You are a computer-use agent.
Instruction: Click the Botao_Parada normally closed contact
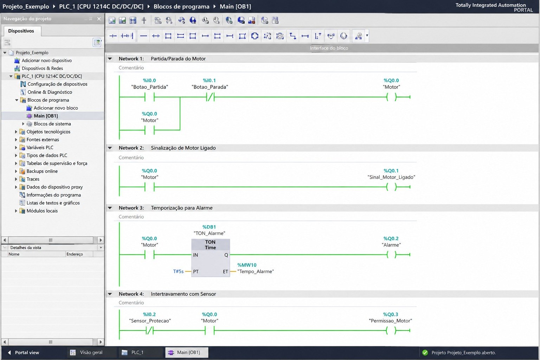[210, 97]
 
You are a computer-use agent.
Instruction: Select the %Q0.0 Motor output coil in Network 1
[392, 97]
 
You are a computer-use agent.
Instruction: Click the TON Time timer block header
[211, 244]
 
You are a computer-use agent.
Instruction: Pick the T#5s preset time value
[178, 271]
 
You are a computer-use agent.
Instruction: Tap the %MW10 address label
[247, 265]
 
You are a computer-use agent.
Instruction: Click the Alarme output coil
[392, 255]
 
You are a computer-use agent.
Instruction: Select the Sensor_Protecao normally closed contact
[150, 330]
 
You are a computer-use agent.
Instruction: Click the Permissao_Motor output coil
[391, 330]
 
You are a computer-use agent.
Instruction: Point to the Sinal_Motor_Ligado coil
[392, 187]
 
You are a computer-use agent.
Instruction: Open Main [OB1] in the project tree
[46, 116]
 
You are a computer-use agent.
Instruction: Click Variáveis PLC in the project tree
[40, 147]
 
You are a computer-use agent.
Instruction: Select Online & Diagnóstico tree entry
[50, 92]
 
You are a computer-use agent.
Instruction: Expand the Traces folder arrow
[16, 179]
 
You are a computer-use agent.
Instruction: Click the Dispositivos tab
[21, 31]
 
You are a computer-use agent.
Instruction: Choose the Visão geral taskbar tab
[91, 353]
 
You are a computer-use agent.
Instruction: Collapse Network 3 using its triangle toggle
[110, 208]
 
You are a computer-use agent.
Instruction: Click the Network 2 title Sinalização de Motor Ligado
[183, 148]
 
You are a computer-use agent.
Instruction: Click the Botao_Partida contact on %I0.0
[149, 97]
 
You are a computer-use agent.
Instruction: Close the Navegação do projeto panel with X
[99, 19]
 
